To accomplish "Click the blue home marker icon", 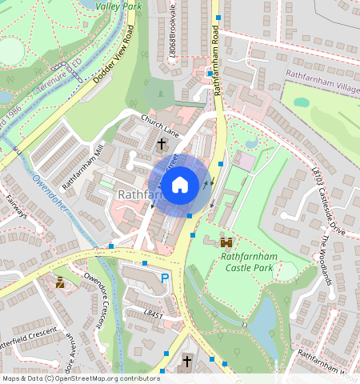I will tap(180, 185).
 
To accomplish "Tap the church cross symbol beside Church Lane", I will tap(162, 144).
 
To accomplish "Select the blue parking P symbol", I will tap(166, 278).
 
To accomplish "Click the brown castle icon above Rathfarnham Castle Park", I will tap(227, 241).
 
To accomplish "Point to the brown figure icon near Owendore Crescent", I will tap(61, 282).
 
